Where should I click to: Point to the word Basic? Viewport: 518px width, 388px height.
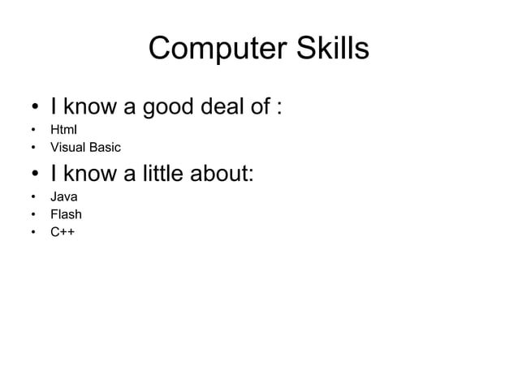tap(106, 148)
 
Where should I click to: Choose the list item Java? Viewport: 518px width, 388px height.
tap(64, 196)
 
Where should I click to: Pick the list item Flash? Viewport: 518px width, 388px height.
tap(66, 215)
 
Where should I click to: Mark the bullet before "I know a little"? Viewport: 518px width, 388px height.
tap(32, 175)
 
